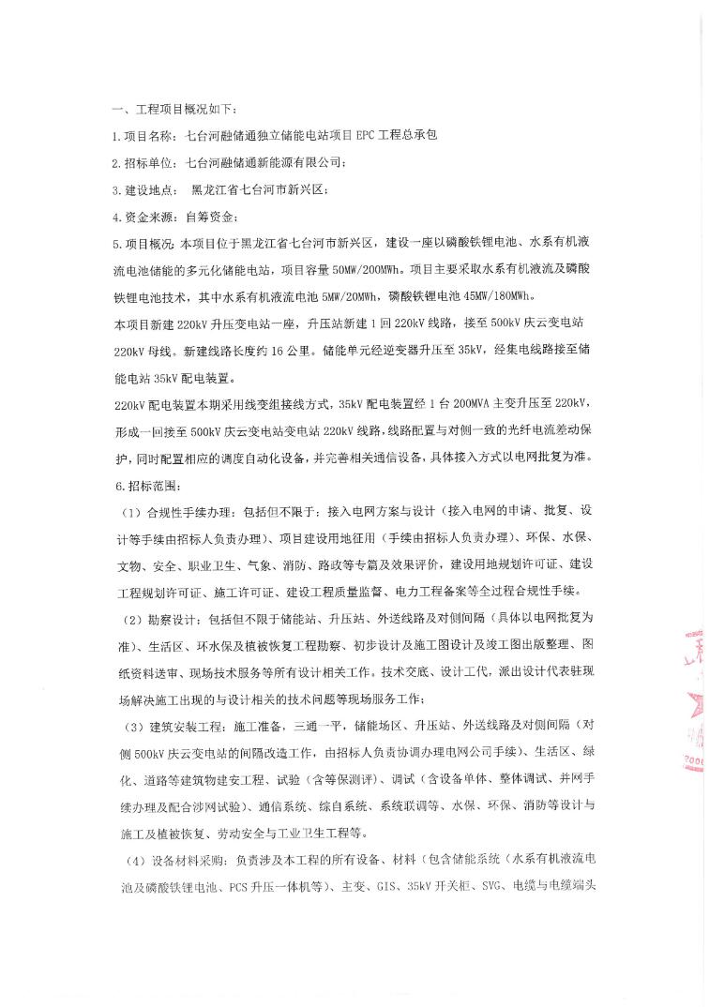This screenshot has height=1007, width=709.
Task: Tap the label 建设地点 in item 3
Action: tap(152, 190)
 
